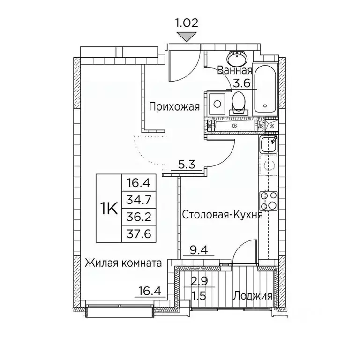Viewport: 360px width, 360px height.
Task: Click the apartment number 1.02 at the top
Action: pyautogui.click(x=187, y=22)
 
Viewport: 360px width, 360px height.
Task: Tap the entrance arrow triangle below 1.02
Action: pyautogui.click(x=187, y=37)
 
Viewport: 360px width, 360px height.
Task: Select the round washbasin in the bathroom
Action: pyautogui.click(x=234, y=60)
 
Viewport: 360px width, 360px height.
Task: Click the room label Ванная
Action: pyautogui.click(x=235, y=71)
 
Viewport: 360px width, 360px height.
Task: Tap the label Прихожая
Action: pyautogui.click(x=174, y=107)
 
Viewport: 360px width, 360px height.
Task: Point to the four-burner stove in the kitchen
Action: pyautogui.click(x=269, y=201)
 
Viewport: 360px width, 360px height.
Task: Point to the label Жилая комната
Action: pyautogui.click(x=123, y=263)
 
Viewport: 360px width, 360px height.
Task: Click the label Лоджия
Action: pyautogui.click(x=253, y=296)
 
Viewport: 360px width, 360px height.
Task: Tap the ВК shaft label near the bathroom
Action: pyautogui.click(x=271, y=126)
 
